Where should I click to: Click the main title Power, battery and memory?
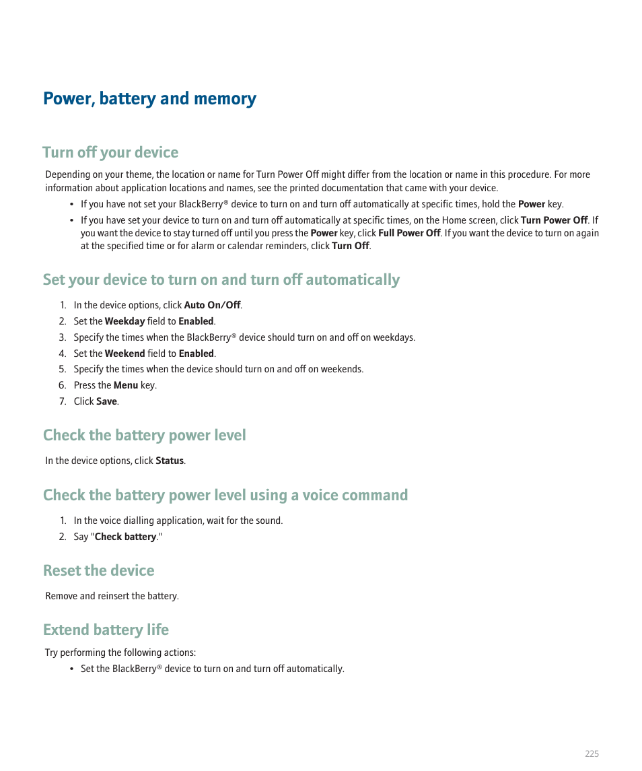click(149, 99)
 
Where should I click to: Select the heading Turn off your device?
click(110, 153)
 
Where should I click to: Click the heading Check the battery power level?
click(145, 436)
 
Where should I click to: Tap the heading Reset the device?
click(99, 571)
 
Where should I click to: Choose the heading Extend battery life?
click(106, 630)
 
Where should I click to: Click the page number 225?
click(591, 754)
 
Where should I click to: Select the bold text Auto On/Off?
click(212, 306)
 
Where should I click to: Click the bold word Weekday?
click(124, 322)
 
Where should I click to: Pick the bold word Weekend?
click(124, 354)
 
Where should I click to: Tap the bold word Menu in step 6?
click(126, 386)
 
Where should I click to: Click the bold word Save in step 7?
click(106, 402)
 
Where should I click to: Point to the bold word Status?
click(170, 461)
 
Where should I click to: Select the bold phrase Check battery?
click(125, 537)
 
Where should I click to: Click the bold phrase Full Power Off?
click(409, 233)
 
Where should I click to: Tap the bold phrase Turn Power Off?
click(554, 220)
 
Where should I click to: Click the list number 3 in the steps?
click(62, 338)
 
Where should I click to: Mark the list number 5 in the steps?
click(62, 370)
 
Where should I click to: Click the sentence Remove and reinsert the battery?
click(112, 597)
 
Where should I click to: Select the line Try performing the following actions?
click(120, 653)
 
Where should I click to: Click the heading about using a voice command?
click(225, 496)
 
